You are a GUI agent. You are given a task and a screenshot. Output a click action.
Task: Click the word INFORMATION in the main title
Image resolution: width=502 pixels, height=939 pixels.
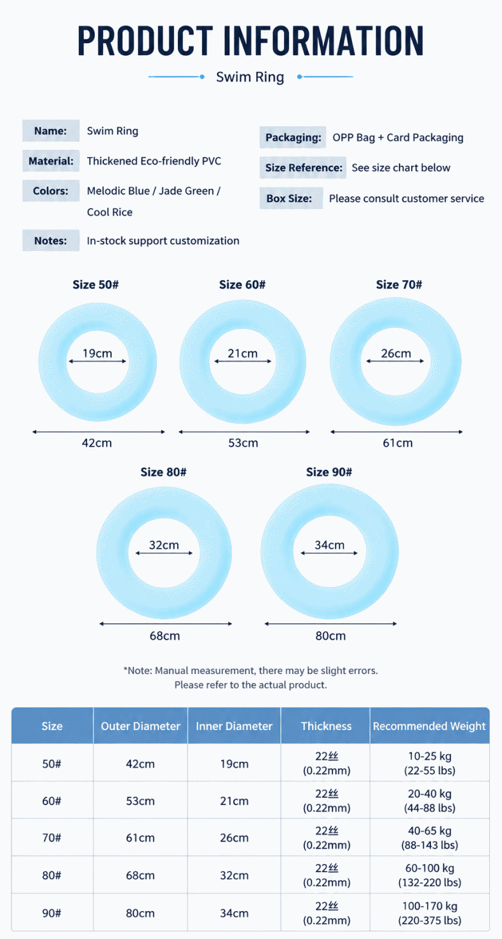[323, 41]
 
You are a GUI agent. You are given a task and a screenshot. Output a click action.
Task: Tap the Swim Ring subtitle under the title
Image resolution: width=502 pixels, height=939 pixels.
[250, 77]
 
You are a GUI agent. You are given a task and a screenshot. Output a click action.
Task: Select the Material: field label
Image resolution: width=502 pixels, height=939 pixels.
[51, 161]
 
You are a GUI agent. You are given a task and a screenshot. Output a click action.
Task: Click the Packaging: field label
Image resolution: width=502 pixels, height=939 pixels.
[293, 137]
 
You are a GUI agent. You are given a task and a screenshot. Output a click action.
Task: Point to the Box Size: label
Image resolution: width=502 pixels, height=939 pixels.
[289, 198]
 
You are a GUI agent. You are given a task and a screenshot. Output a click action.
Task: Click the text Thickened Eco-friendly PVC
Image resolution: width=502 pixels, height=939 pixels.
[154, 161]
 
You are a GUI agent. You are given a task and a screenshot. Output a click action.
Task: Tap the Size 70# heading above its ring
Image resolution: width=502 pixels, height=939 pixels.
[399, 285]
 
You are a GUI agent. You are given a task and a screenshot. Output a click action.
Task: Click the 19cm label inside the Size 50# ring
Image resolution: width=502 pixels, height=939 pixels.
[97, 353]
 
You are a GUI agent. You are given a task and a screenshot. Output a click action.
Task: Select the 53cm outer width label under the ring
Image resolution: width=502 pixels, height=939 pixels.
[243, 443]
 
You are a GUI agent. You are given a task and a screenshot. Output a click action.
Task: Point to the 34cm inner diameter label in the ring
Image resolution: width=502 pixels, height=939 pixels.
[330, 545]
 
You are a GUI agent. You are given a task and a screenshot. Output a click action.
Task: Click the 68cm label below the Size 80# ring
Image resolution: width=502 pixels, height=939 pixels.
[165, 636]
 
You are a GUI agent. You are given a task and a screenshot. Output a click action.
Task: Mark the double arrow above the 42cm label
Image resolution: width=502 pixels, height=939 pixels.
[98, 432]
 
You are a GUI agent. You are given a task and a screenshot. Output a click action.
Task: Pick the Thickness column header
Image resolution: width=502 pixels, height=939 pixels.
[326, 726]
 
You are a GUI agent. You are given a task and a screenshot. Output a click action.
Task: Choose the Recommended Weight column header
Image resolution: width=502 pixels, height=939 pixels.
[430, 726]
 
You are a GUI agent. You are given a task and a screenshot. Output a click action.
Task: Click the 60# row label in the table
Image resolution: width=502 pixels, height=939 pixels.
[51, 801]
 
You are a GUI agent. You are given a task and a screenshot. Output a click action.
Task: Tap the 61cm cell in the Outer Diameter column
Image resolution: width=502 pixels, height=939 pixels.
[140, 838]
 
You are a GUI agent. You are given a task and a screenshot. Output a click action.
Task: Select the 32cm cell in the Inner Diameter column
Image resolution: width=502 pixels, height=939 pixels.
[234, 875]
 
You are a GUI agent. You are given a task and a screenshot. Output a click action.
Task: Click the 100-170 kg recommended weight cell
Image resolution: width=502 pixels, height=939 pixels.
[430, 907]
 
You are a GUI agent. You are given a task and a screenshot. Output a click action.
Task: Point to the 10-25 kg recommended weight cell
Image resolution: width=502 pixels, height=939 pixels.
[430, 756]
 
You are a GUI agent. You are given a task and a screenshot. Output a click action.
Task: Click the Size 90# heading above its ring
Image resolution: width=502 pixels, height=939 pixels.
[329, 472]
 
